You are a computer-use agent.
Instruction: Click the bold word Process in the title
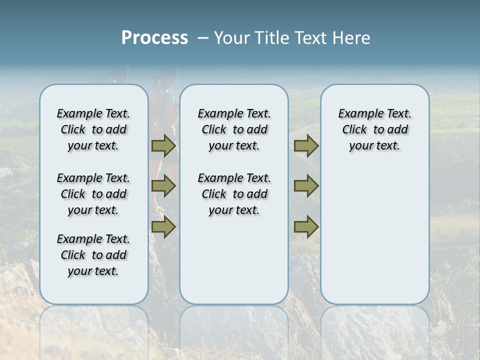tap(154, 38)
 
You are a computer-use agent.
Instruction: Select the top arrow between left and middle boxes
tap(163, 145)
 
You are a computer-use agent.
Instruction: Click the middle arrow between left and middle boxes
tap(163, 186)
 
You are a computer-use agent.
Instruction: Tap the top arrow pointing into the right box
tap(306, 145)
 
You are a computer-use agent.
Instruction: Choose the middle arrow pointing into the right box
tap(306, 186)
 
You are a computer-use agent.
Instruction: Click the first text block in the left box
tap(93, 129)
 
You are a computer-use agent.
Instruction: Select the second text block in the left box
tap(93, 194)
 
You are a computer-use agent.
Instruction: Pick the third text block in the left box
tap(93, 255)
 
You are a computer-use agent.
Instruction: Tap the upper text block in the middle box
tap(234, 129)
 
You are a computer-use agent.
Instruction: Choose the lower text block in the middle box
tap(234, 194)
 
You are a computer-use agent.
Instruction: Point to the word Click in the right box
tap(354, 129)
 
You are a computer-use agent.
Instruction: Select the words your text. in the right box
tap(374, 145)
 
